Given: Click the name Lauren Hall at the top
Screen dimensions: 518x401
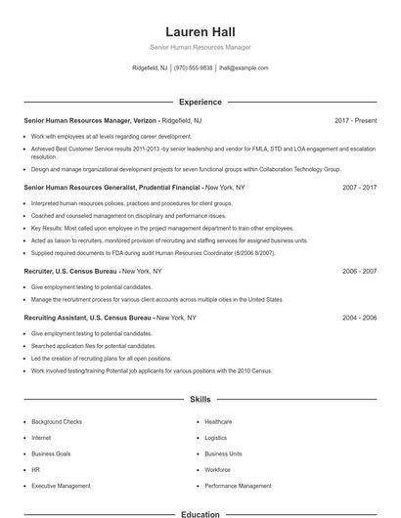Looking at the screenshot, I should point(200,32).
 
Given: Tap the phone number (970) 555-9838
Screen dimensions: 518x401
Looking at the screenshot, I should point(194,68).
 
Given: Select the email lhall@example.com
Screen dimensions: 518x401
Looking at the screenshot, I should point(244,68).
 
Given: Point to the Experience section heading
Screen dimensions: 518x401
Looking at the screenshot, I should point(200,102).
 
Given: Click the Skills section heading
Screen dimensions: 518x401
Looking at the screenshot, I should point(200,400).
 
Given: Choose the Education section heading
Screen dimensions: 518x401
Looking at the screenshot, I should point(200,514).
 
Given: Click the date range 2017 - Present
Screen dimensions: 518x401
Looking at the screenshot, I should point(355,120).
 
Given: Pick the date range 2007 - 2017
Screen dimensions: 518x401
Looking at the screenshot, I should point(359,186).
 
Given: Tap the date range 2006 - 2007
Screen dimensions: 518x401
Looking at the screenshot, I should point(359,271).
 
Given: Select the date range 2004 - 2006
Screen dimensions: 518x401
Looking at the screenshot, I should point(359,318).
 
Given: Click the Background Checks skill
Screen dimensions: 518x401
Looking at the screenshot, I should point(57,421).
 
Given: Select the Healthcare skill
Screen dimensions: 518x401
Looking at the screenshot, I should point(218,421).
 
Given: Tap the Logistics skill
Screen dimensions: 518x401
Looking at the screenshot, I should point(215,438).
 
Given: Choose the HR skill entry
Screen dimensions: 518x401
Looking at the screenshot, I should point(35,470).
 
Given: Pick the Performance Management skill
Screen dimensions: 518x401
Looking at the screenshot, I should point(238,486).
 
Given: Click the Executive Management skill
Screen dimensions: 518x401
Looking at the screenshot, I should point(61,486).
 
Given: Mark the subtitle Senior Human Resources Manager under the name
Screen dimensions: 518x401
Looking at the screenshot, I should point(200,47).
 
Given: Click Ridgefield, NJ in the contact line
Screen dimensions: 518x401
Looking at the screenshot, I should point(150,68).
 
